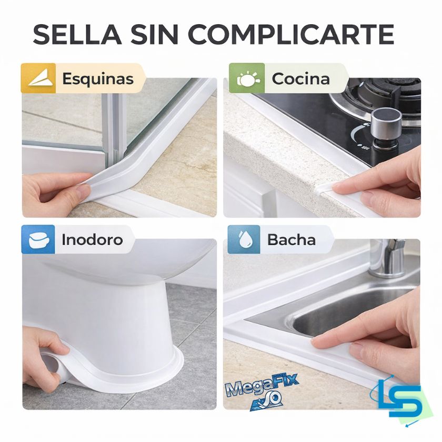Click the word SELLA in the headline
click(x=77, y=34)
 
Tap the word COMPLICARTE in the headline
click(x=290, y=34)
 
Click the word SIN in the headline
click(x=155, y=34)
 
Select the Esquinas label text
click(x=98, y=78)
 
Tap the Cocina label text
click(x=301, y=78)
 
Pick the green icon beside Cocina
click(x=247, y=78)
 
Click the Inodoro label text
click(x=92, y=240)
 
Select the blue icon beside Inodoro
click(x=38, y=239)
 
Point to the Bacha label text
click(x=291, y=240)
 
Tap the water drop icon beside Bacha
click(x=244, y=239)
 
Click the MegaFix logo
click(x=262, y=390)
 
